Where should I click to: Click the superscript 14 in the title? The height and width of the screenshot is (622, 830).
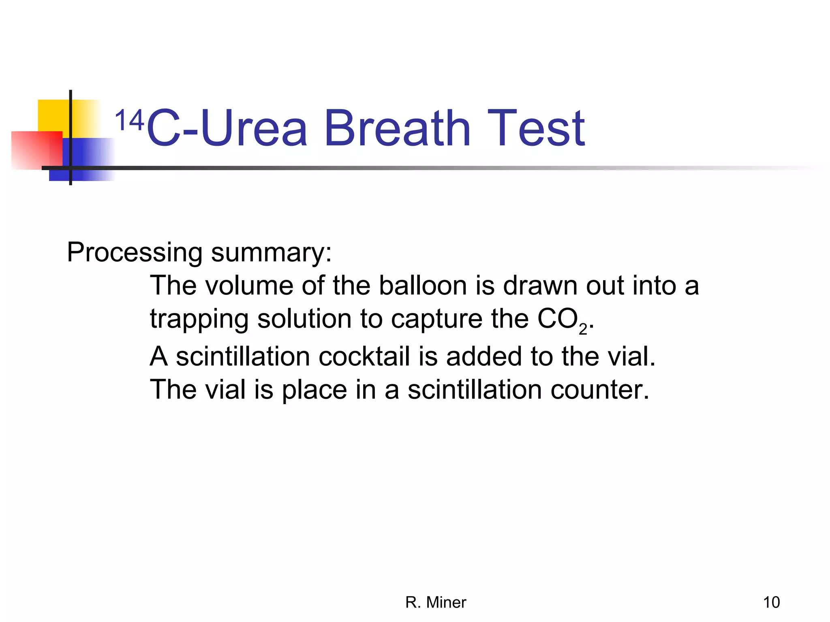(129, 120)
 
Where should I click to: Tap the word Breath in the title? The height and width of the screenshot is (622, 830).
(397, 129)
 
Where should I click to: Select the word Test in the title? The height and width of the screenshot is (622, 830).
(536, 129)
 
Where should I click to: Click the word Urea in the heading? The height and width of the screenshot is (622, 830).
(254, 129)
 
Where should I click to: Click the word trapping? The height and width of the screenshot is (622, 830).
(199, 320)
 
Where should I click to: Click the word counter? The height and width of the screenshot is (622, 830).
(600, 390)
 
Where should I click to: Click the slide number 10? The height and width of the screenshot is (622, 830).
(771, 603)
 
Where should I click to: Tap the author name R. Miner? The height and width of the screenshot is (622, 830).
(436, 603)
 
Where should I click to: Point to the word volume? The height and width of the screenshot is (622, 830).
(249, 286)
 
